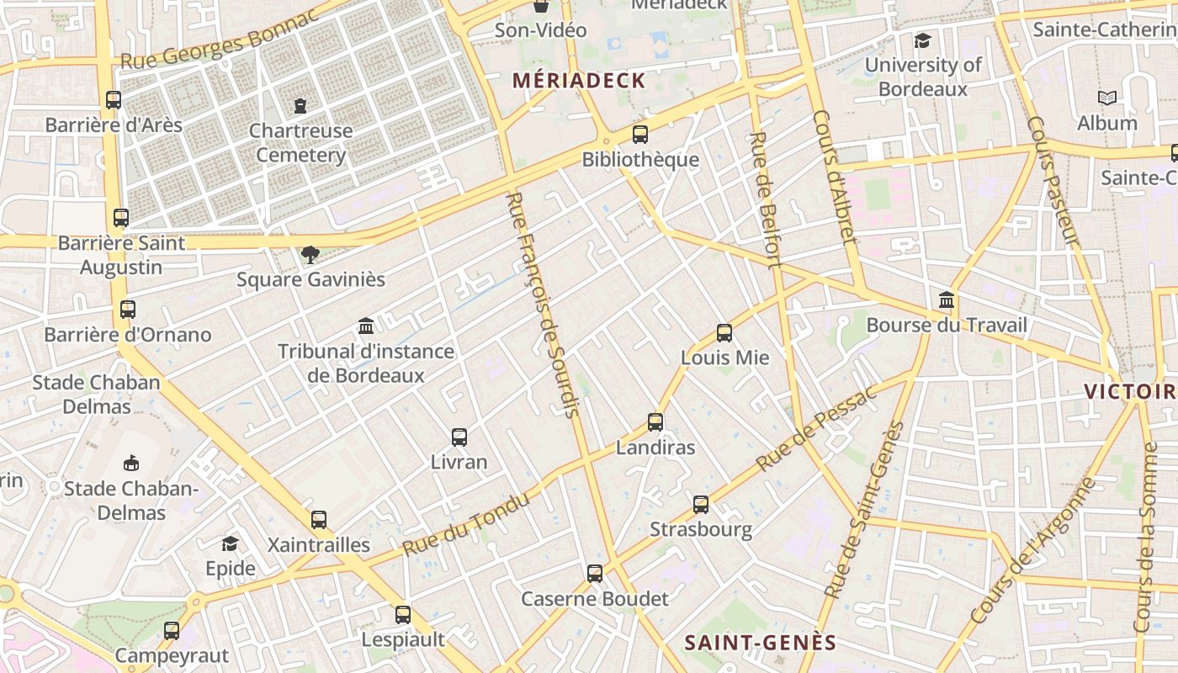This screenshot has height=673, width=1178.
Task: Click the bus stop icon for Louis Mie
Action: pos(724,333)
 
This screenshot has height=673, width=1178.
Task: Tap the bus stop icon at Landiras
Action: pos(655,422)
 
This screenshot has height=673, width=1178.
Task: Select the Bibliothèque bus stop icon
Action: pos(640,135)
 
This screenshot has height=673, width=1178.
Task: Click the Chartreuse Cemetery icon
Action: pos(300,106)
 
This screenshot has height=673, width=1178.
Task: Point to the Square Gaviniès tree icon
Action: pos(310,254)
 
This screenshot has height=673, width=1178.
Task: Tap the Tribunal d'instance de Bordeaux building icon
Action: pos(366,326)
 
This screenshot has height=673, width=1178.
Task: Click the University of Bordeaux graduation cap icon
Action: pos(923,40)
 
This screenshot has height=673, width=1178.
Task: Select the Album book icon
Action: pos(1107,98)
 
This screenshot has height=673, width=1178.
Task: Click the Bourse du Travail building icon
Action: pos(947,300)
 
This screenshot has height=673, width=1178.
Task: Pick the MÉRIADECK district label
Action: pos(579,81)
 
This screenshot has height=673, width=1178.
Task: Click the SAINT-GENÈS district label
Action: pos(760,644)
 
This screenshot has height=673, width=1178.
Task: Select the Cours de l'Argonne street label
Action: pos(1034,551)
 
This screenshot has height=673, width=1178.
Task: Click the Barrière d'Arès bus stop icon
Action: pos(114,100)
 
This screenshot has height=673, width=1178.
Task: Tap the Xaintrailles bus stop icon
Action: pos(319,520)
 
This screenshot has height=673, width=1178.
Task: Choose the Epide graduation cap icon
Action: pos(230,544)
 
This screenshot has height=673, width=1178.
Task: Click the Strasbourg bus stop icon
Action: pos(701,505)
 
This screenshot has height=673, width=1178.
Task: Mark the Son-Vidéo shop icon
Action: pos(541,7)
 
